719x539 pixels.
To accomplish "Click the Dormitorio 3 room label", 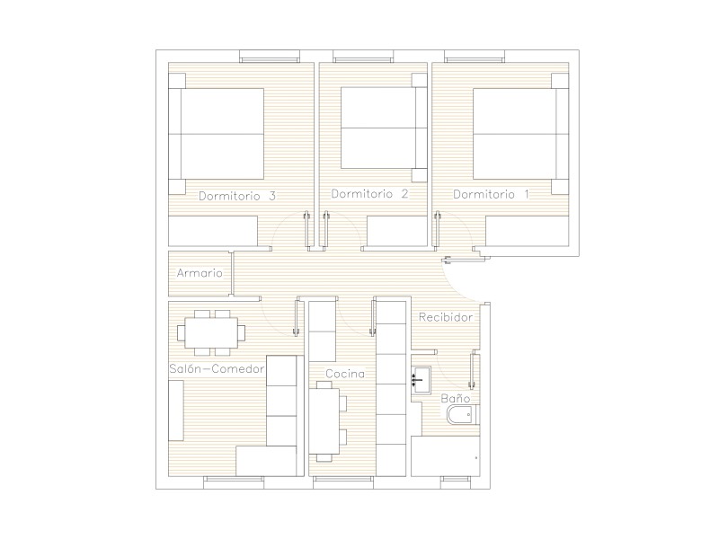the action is click(237, 196).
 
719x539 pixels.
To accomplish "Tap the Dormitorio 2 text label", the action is click(369, 194).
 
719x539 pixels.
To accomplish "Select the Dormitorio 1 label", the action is click(491, 194).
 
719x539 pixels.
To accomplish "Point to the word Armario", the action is click(200, 273).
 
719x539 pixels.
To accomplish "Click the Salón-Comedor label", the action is click(217, 368).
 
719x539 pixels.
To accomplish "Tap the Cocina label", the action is click(345, 374).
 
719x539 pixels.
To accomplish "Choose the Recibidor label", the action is click(446, 317).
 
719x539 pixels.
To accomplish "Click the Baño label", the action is click(456, 398).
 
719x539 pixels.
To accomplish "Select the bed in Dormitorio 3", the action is click(217, 134).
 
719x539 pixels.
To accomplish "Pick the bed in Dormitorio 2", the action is click(384, 128).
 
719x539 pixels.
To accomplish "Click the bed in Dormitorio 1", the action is click(521, 133).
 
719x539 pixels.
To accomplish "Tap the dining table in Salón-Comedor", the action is click(211, 332).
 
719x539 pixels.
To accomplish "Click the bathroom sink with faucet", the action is click(421, 379).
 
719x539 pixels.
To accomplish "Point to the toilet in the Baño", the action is click(463, 414).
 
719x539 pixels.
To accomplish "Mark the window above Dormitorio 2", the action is click(363, 57).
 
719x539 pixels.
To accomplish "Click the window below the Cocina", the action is click(343, 480).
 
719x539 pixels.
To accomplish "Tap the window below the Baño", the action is click(457, 480).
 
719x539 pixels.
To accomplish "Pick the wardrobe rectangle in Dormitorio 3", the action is click(213, 231).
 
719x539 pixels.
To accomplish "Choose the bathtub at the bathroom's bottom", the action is click(445, 456).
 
